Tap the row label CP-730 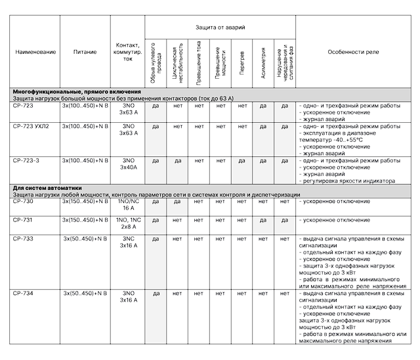pos(23,201)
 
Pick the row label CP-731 pos(22,219)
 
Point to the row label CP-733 pos(23,238)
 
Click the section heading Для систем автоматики pos(45,189)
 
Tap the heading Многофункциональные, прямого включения pos(77,91)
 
